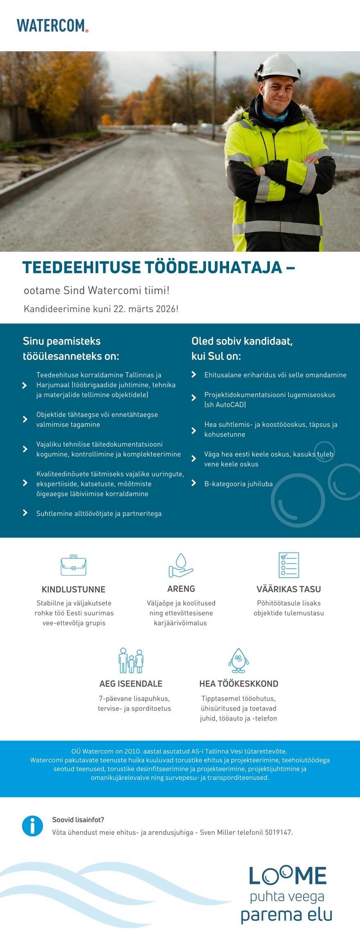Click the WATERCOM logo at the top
[x=52, y=25]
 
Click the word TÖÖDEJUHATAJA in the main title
[x=214, y=268]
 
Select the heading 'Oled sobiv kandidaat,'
[x=242, y=341]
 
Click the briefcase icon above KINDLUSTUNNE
[x=74, y=565]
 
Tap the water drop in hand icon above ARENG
[x=181, y=565]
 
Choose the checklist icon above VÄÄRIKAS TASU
[x=289, y=565]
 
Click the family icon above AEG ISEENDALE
[x=131, y=661]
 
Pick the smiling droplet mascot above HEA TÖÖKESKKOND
[x=239, y=660]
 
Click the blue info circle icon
[x=32, y=826]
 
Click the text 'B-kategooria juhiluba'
[x=238, y=484]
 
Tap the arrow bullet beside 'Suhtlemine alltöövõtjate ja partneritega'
[x=25, y=513]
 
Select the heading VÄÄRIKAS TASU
[x=288, y=589]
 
